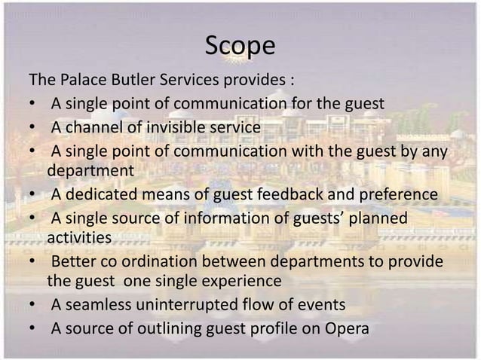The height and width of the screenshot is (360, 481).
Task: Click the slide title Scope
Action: (x=240, y=47)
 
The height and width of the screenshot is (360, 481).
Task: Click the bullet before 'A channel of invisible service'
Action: (x=32, y=129)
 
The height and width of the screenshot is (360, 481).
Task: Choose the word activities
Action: (x=79, y=239)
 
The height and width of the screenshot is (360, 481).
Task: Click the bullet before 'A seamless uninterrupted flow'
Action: (x=32, y=306)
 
